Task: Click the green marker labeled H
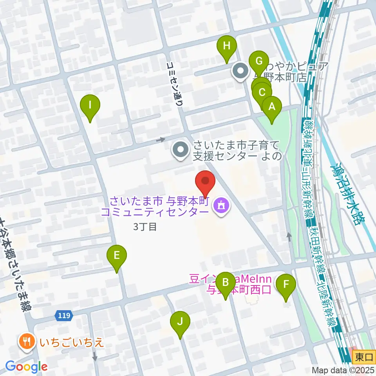[x=227, y=47]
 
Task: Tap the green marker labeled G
[x=258, y=61]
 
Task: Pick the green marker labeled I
[x=90, y=105]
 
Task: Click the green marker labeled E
[x=117, y=256]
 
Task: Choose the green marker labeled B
[x=226, y=282]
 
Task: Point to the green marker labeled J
[x=180, y=322]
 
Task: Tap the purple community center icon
[x=221, y=206]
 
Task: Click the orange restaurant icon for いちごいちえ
[x=27, y=342]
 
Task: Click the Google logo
[x=27, y=367]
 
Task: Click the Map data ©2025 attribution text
[x=343, y=370]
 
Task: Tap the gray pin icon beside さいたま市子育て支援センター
[x=181, y=151]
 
